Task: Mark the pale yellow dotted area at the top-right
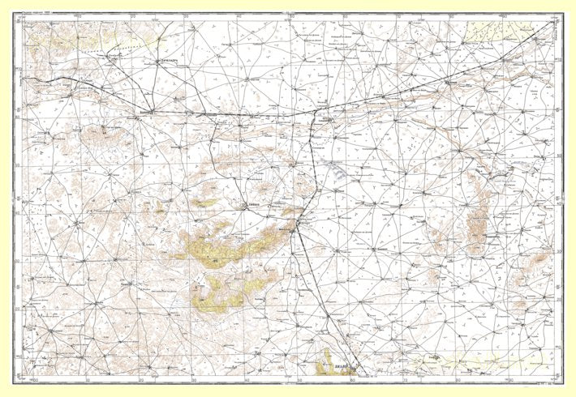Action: pyautogui.click(x=499, y=32)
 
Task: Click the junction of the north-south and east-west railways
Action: pyautogui.click(x=312, y=115)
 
